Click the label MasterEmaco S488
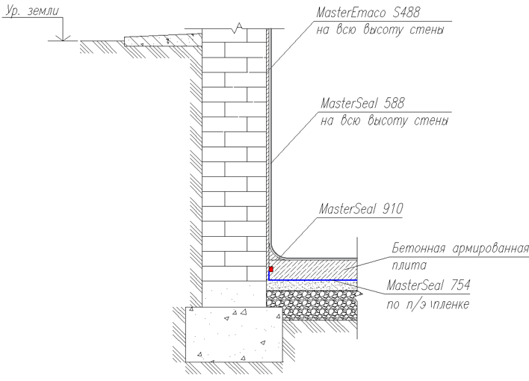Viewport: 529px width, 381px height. click(368, 13)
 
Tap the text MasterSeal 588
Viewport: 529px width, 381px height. click(362, 103)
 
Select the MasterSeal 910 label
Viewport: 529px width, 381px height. click(361, 208)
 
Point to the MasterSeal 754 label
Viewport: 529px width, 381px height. click(428, 285)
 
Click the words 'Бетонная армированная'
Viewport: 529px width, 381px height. click(460, 248)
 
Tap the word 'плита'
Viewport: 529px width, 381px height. click(409, 265)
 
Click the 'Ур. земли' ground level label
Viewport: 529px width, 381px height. click(32, 10)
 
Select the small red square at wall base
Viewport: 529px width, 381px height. click(271, 269)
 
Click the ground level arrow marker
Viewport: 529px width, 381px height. click(63, 37)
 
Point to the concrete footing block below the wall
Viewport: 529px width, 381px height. click(234, 335)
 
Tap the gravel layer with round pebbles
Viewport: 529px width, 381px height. click(312, 305)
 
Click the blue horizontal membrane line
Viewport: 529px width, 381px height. click(313, 279)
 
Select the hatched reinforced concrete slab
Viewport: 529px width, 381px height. click(313, 270)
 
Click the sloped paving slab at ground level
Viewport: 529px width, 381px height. click(164, 40)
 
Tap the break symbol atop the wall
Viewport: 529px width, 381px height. click(238, 28)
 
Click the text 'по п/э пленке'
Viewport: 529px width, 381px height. click(427, 304)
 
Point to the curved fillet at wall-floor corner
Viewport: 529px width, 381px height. click(276, 253)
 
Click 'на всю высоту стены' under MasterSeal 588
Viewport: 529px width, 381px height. click(384, 121)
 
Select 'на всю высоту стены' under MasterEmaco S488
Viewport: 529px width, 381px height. click(380, 30)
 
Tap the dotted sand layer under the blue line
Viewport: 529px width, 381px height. click(312, 285)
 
